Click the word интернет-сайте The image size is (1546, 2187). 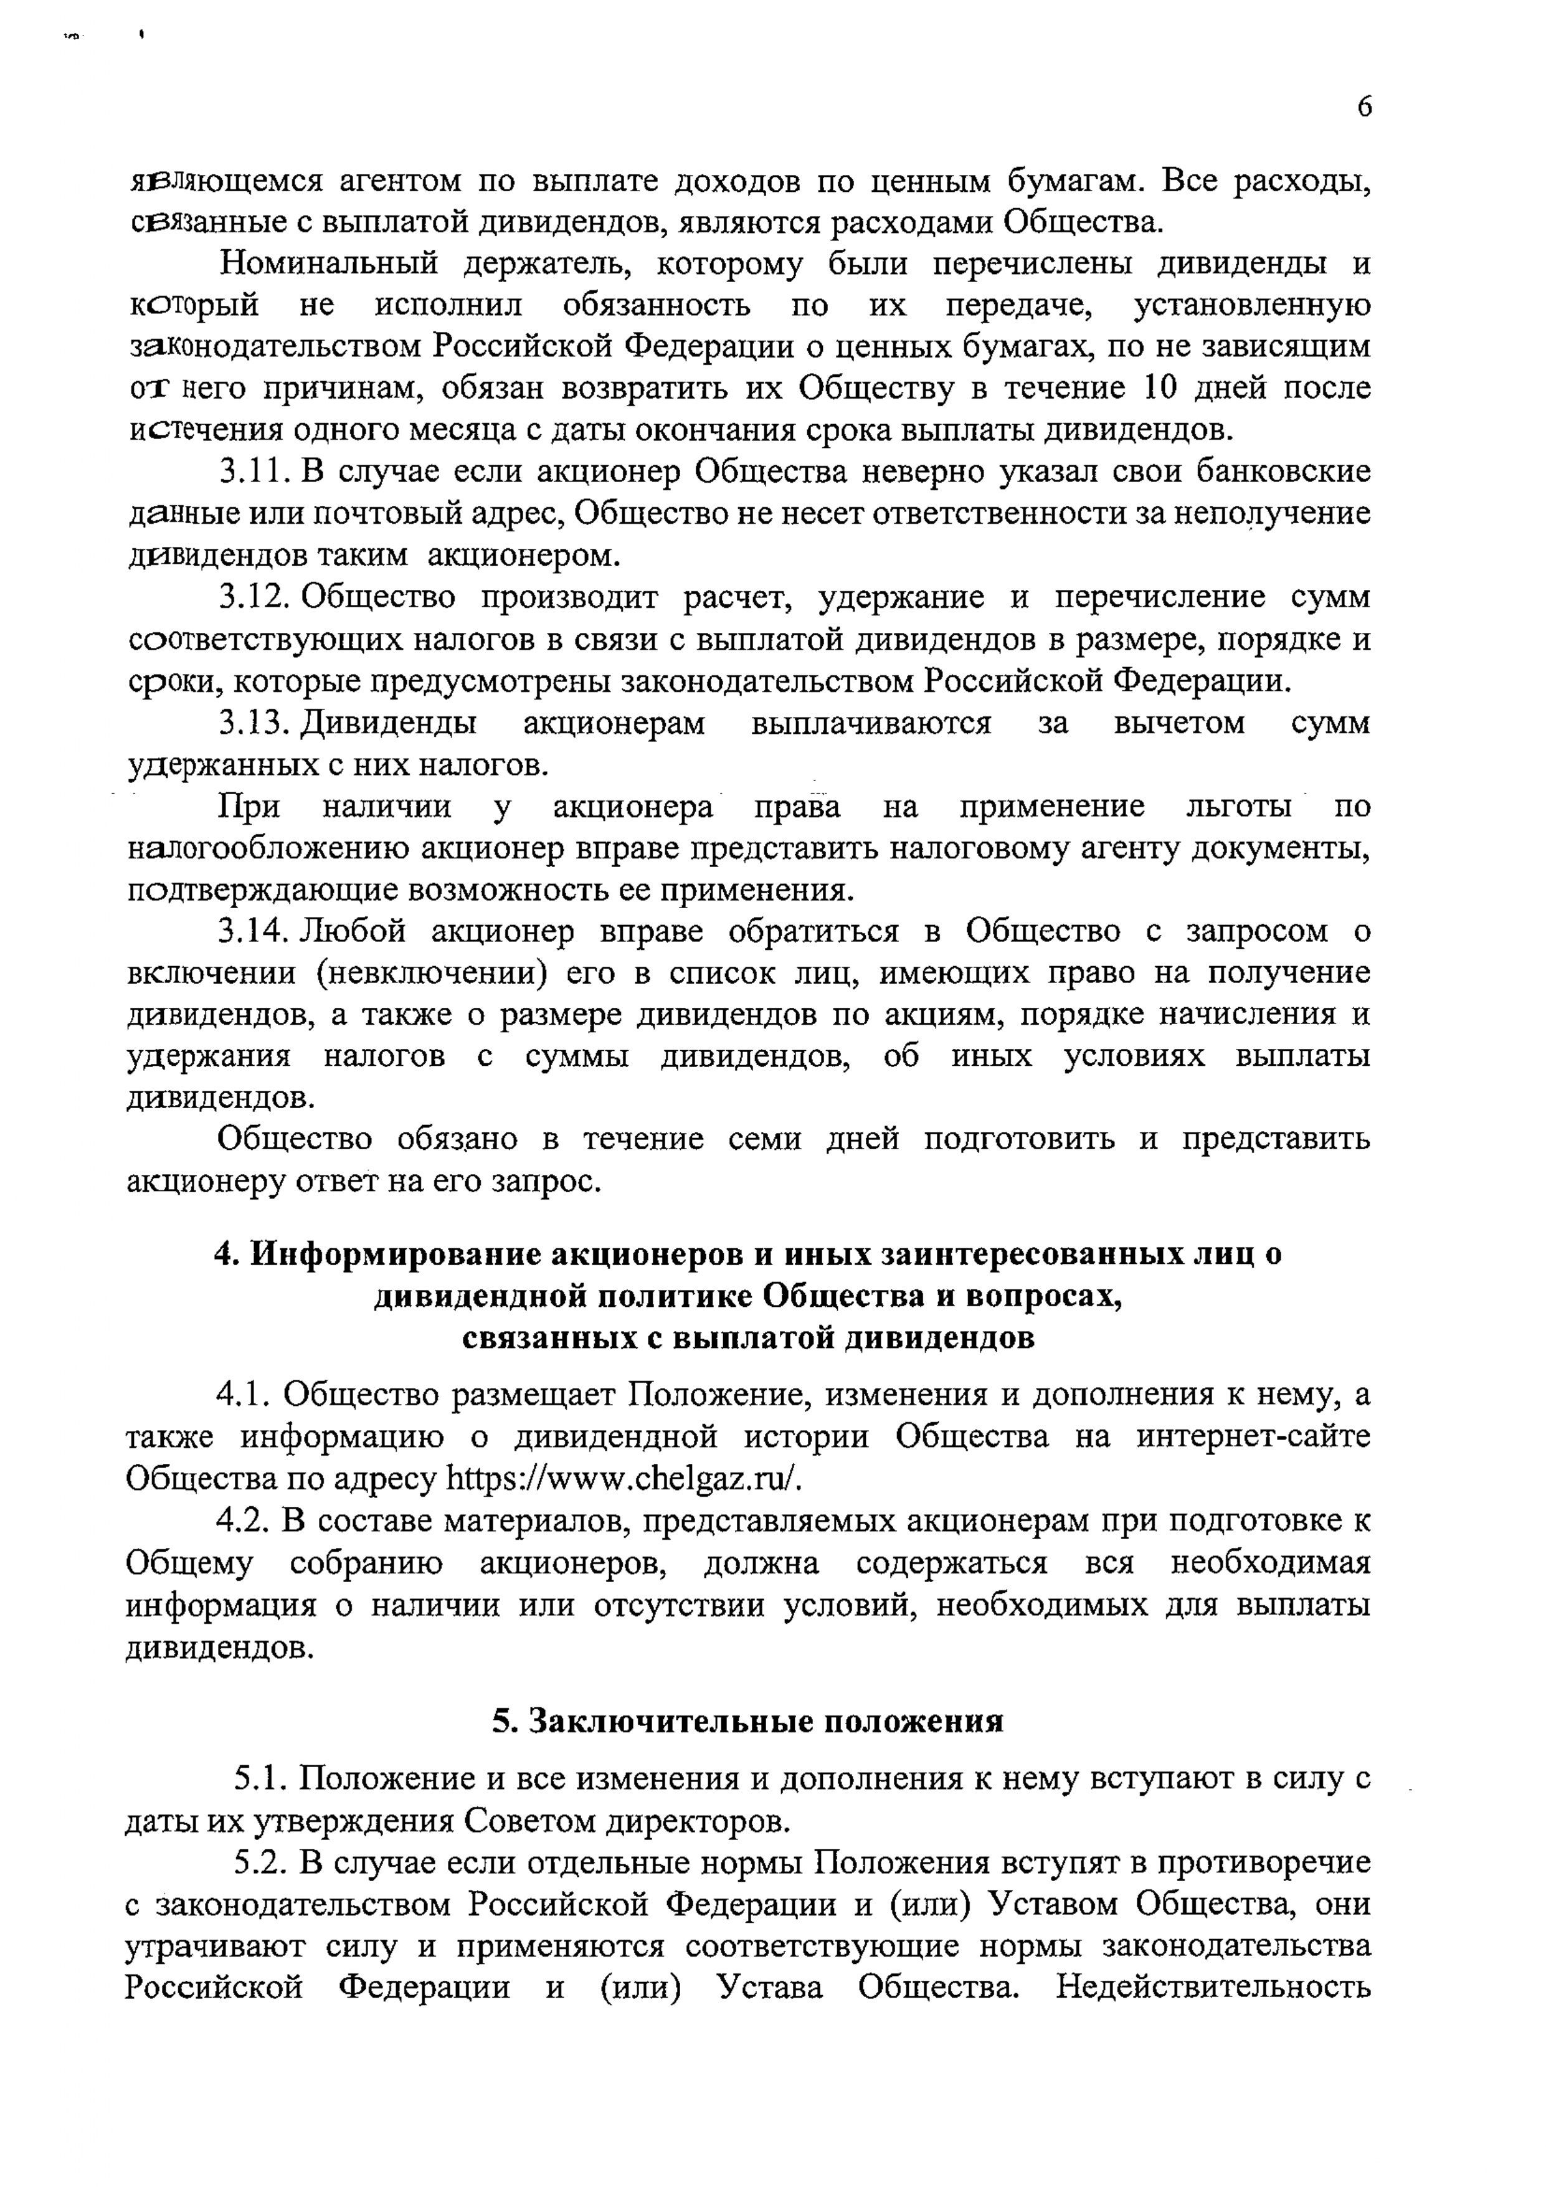(1254, 1438)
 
